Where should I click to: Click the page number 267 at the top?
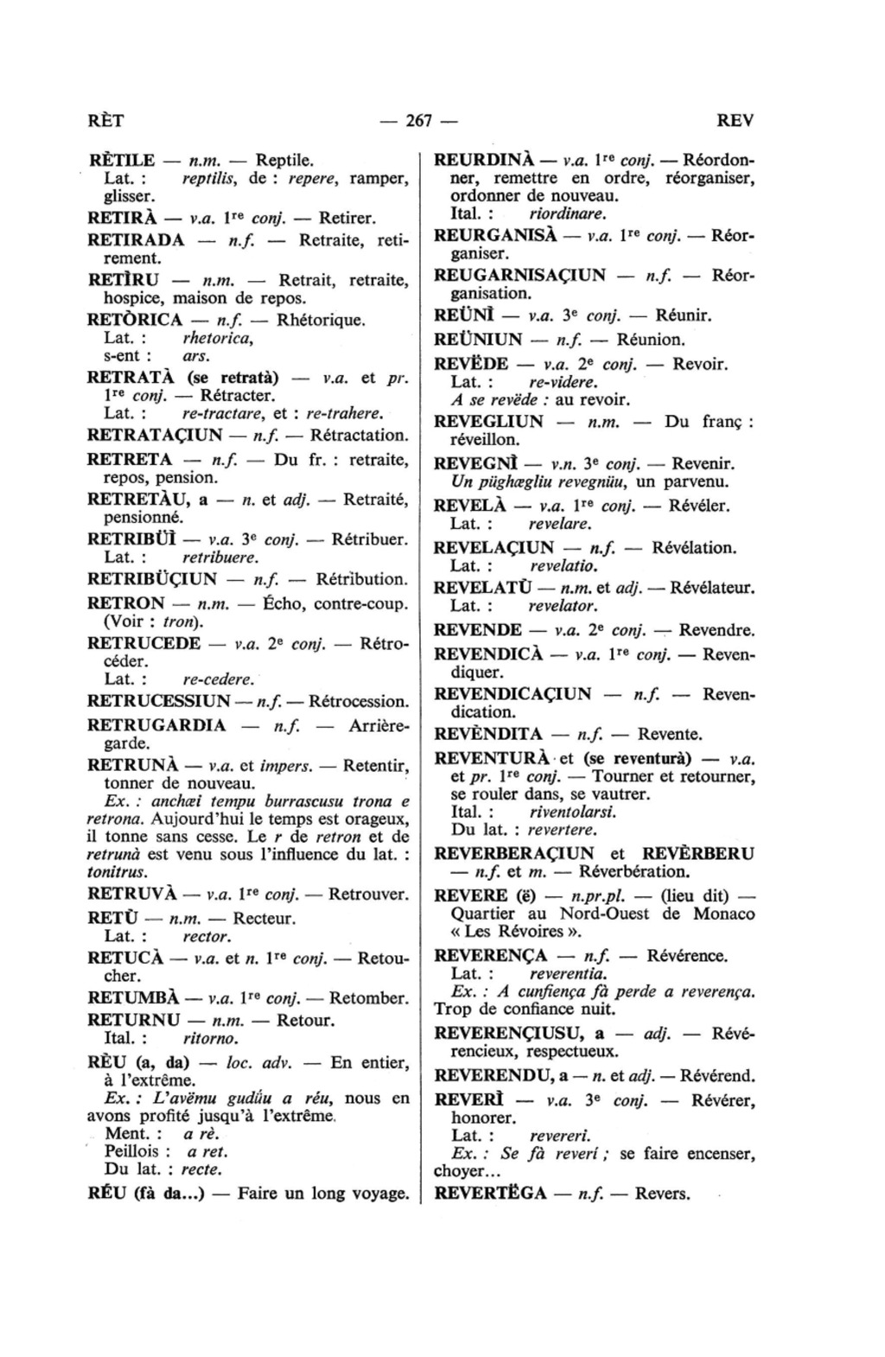coord(418,121)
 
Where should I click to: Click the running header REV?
coord(735,121)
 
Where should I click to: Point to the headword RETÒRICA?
coord(135,320)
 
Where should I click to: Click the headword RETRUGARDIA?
coord(157,724)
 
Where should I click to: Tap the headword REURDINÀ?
coord(486,161)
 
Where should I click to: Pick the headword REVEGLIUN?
coord(488,422)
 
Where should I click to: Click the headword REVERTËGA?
coord(490,1194)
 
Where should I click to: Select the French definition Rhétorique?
coord(321,320)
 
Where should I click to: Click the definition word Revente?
coord(670,735)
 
